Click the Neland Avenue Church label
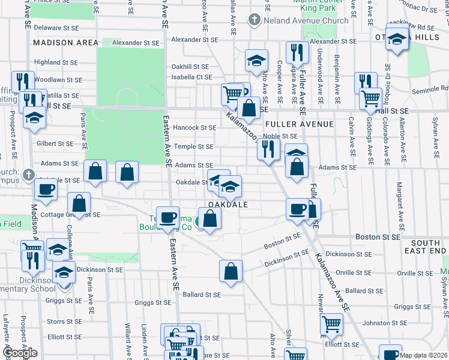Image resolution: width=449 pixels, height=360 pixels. tap(306, 20)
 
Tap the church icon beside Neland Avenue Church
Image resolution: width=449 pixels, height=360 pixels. tap(255, 20)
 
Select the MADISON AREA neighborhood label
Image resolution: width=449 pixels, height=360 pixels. tap(66, 43)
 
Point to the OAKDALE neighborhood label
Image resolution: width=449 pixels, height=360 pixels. tap(228, 205)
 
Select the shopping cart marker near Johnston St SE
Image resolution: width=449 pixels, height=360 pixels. tap(331, 325)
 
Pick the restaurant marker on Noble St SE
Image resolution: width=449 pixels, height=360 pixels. tap(268, 148)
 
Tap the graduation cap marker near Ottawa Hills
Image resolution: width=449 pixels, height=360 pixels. tap(396, 39)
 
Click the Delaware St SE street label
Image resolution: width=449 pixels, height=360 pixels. tap(56, 28)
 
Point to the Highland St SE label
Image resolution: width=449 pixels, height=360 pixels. tap(56, 62)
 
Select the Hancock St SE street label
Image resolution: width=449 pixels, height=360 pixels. tap(194, 128)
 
